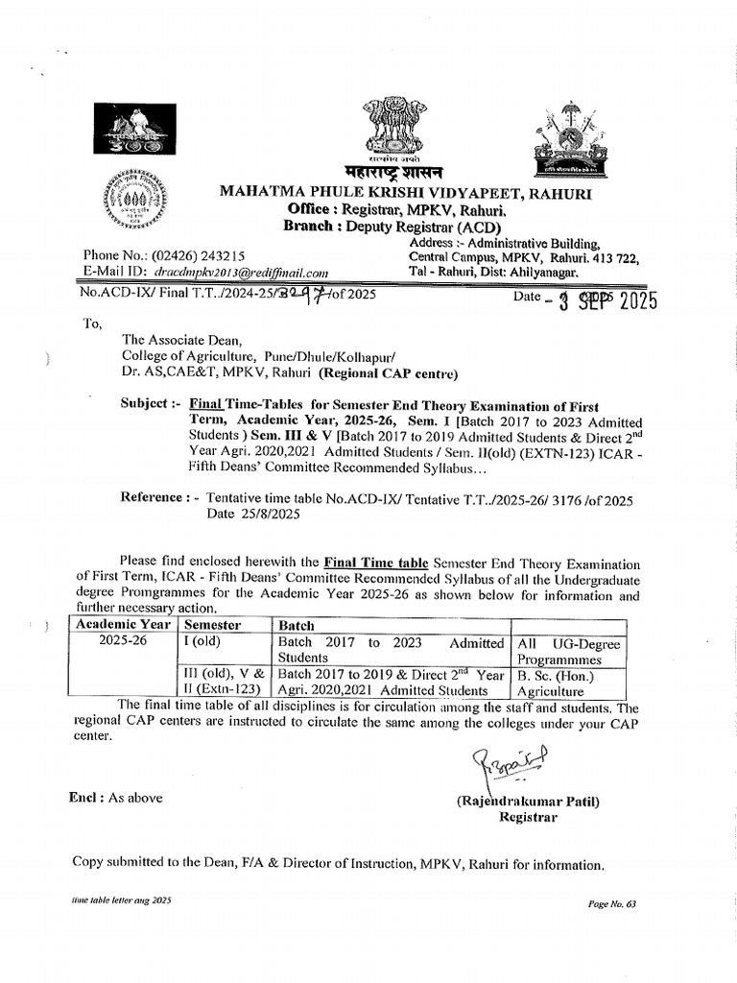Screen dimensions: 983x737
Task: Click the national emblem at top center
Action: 392,128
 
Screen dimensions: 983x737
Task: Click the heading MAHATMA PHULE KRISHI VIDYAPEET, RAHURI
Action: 406,195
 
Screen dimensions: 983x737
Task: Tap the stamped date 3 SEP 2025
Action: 601,300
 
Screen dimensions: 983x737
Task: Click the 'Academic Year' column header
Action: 121,625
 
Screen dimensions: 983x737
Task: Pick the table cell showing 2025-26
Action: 121,642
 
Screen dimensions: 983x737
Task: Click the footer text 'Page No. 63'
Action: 611,904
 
